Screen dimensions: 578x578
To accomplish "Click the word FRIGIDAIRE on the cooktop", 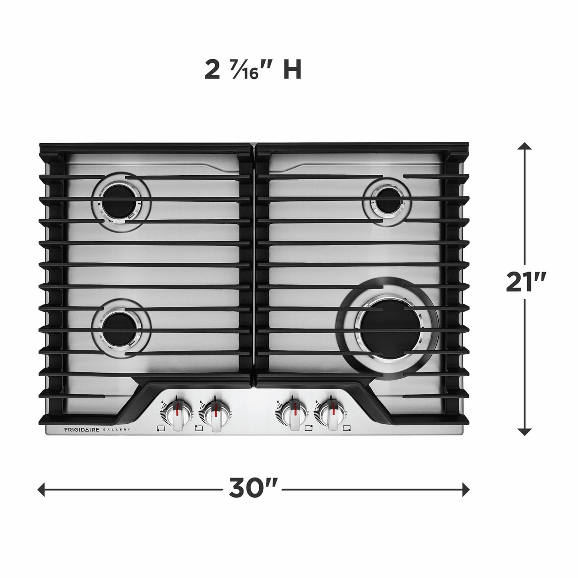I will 81,430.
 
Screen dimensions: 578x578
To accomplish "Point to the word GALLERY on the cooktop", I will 117,430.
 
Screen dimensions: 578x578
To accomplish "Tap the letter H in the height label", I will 292,70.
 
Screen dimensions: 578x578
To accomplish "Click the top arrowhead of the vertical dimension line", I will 524,146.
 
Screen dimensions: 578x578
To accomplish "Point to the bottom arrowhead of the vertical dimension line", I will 524,431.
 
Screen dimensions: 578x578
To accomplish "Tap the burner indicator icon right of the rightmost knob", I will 347,428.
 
